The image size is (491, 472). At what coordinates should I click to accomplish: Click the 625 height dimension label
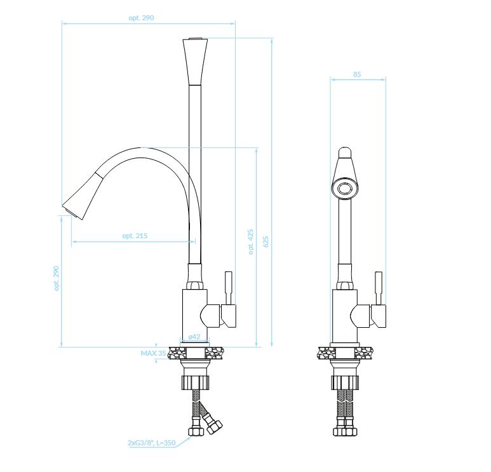[266, 241]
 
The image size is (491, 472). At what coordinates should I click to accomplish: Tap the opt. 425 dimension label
[251, 242]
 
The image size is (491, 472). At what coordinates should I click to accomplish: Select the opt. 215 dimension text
[135, 236]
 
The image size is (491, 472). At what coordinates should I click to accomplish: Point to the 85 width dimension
[357, 74]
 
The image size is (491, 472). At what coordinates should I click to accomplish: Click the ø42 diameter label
[194, 337]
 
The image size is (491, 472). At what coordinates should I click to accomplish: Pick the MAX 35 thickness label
[154, 353]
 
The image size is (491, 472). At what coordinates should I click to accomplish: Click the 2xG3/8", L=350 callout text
[152, 443]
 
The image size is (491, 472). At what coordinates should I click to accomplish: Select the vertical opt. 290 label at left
[57, 278]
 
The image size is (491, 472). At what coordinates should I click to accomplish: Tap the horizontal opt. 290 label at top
[141, 18]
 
